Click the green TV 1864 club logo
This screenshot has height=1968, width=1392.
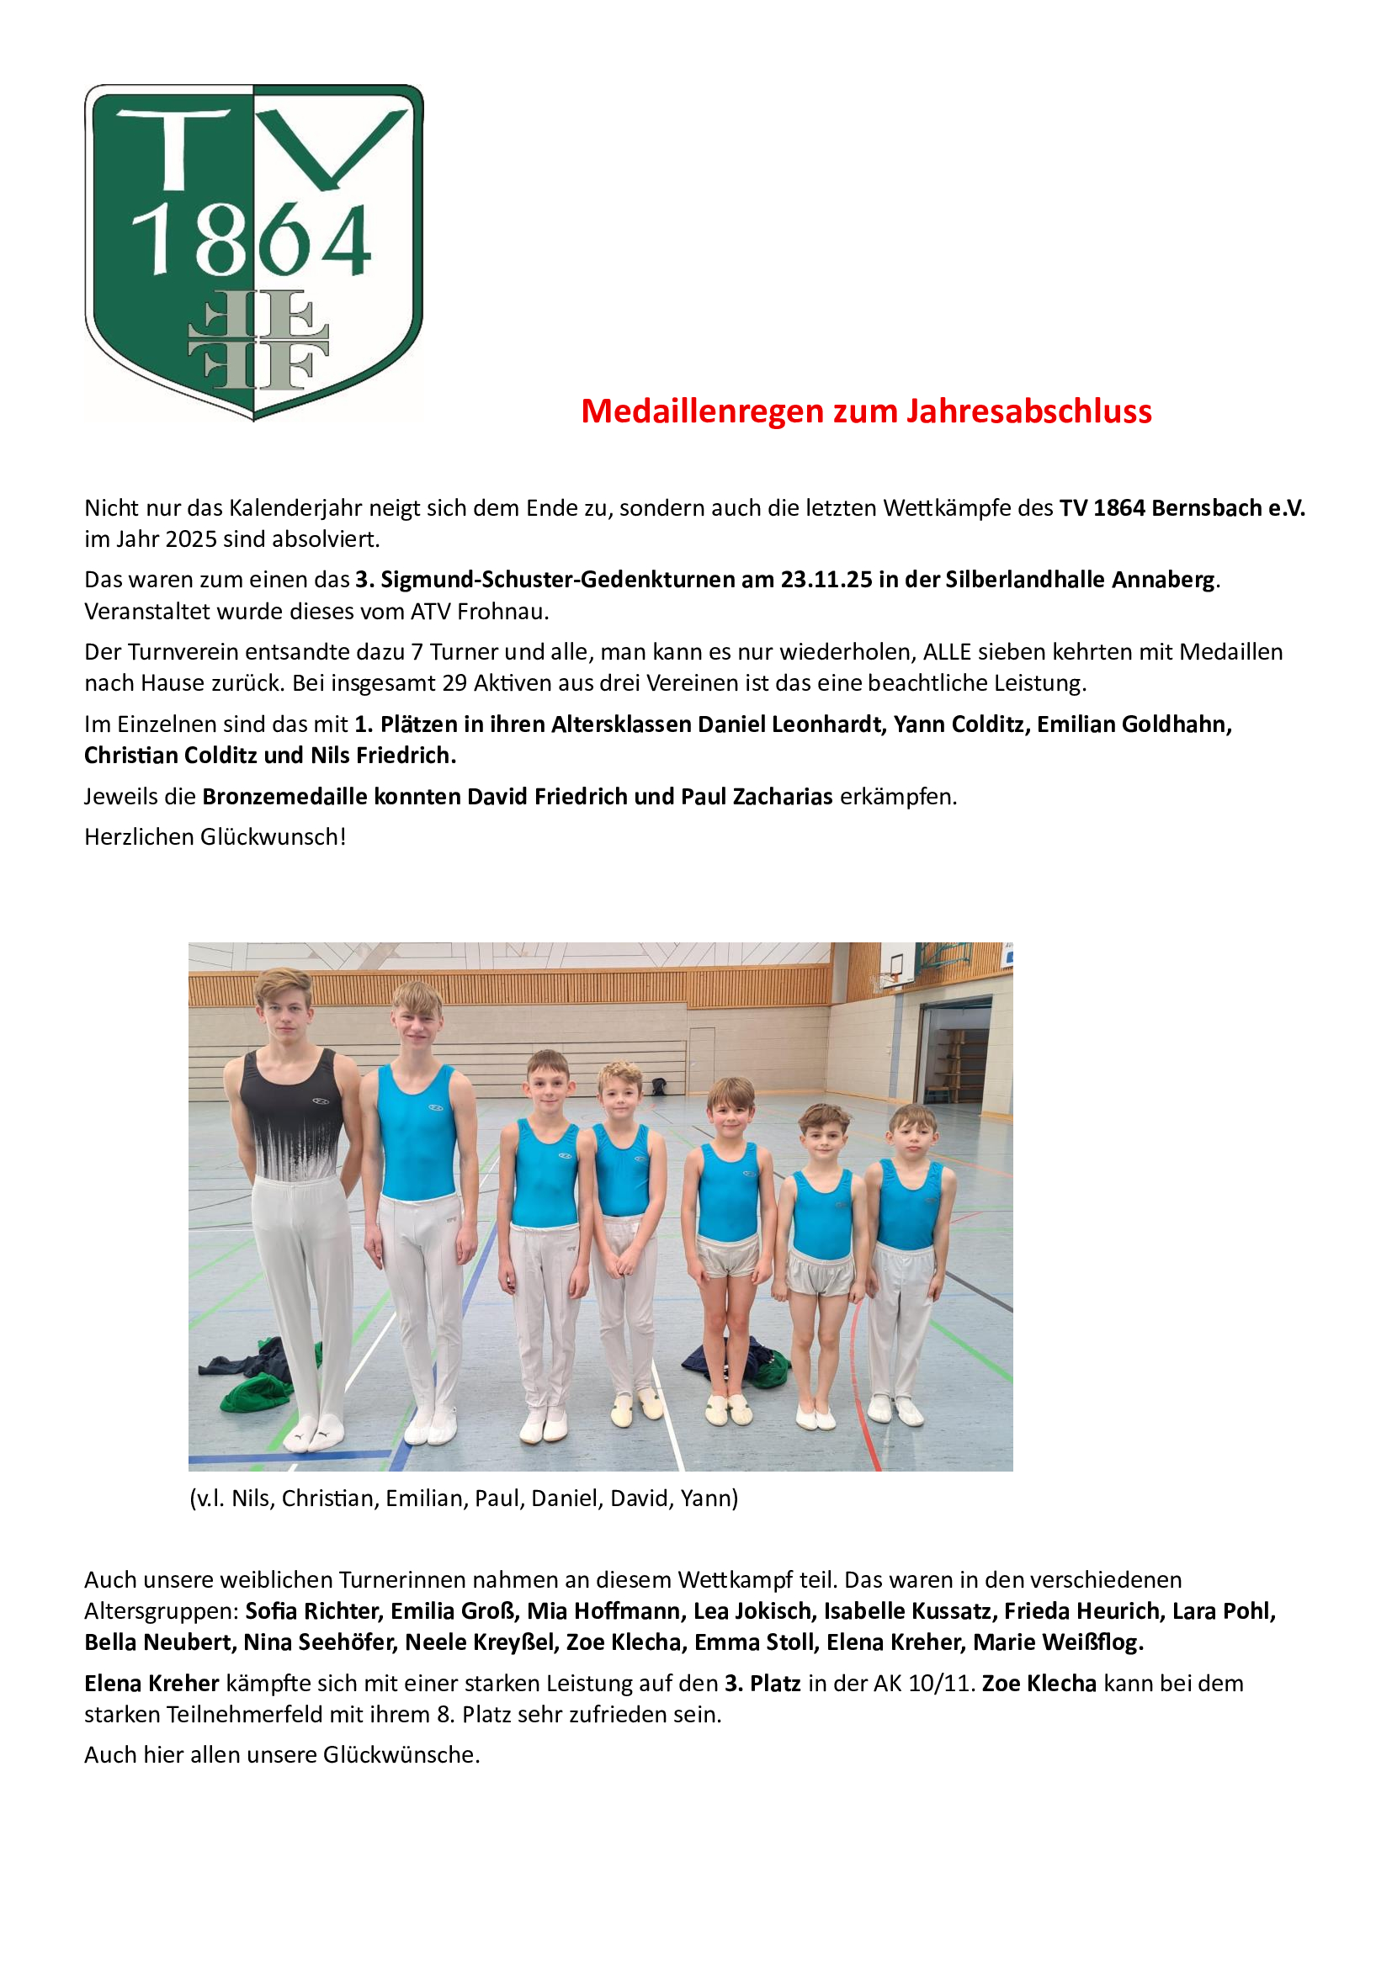pyautogui.click(x=253, y=252)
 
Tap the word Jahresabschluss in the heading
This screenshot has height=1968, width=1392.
pyautogui.click(x=1028, y=411)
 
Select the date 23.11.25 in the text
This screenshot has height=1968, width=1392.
pyautogui.click(x=826, y=580)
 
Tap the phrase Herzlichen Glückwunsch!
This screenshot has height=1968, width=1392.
pyautogui.click(x=215, y=837)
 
